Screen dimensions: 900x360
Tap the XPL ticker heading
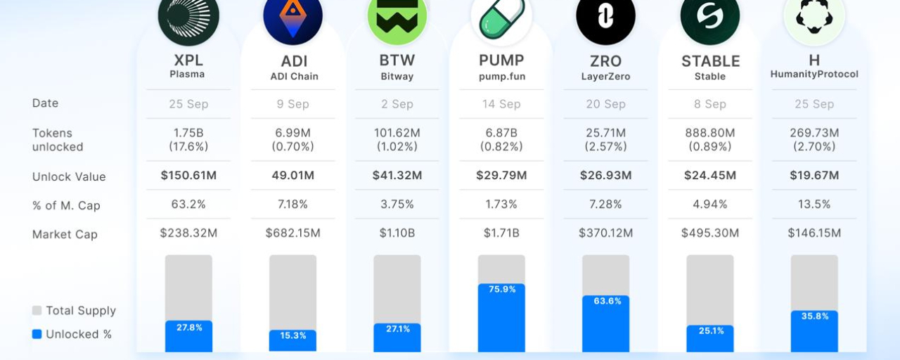pos(188,60)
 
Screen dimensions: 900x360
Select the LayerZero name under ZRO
pos(605,77)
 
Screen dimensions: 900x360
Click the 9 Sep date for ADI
pos(293,104)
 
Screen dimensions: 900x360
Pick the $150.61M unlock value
pos(188,175)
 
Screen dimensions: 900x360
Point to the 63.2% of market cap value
pos(188,204)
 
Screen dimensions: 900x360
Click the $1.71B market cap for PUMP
pos(501,233)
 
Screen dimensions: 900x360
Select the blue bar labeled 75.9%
pos(501,318)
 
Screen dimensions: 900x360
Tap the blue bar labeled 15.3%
pos(293,341)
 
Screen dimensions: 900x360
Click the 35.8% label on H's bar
pos(815,316)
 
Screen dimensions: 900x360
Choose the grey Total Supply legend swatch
pos(37,310)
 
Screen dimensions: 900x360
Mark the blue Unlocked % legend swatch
pos(37,334)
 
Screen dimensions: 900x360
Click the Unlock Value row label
pos(69,176)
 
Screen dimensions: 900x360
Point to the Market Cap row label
pos(65,234)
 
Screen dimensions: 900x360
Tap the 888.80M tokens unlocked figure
pos(710,133)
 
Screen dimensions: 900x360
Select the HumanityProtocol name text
pos(814,75)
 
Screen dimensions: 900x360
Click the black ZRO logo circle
pos(605,16)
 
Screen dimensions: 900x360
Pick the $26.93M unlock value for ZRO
pos(605,175)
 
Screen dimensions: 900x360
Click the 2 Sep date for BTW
pos(397,104)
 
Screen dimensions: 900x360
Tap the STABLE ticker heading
pos(710,61)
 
